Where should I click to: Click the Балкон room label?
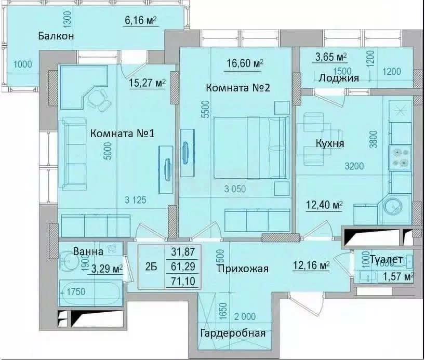56,36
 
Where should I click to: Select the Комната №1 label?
122,134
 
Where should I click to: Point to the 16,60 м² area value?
245,64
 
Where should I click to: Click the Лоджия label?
338,78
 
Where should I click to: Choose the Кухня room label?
330,143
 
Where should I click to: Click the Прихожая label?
243,269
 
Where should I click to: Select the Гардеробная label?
233,333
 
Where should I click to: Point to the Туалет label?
386,259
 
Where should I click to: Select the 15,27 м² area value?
148,82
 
